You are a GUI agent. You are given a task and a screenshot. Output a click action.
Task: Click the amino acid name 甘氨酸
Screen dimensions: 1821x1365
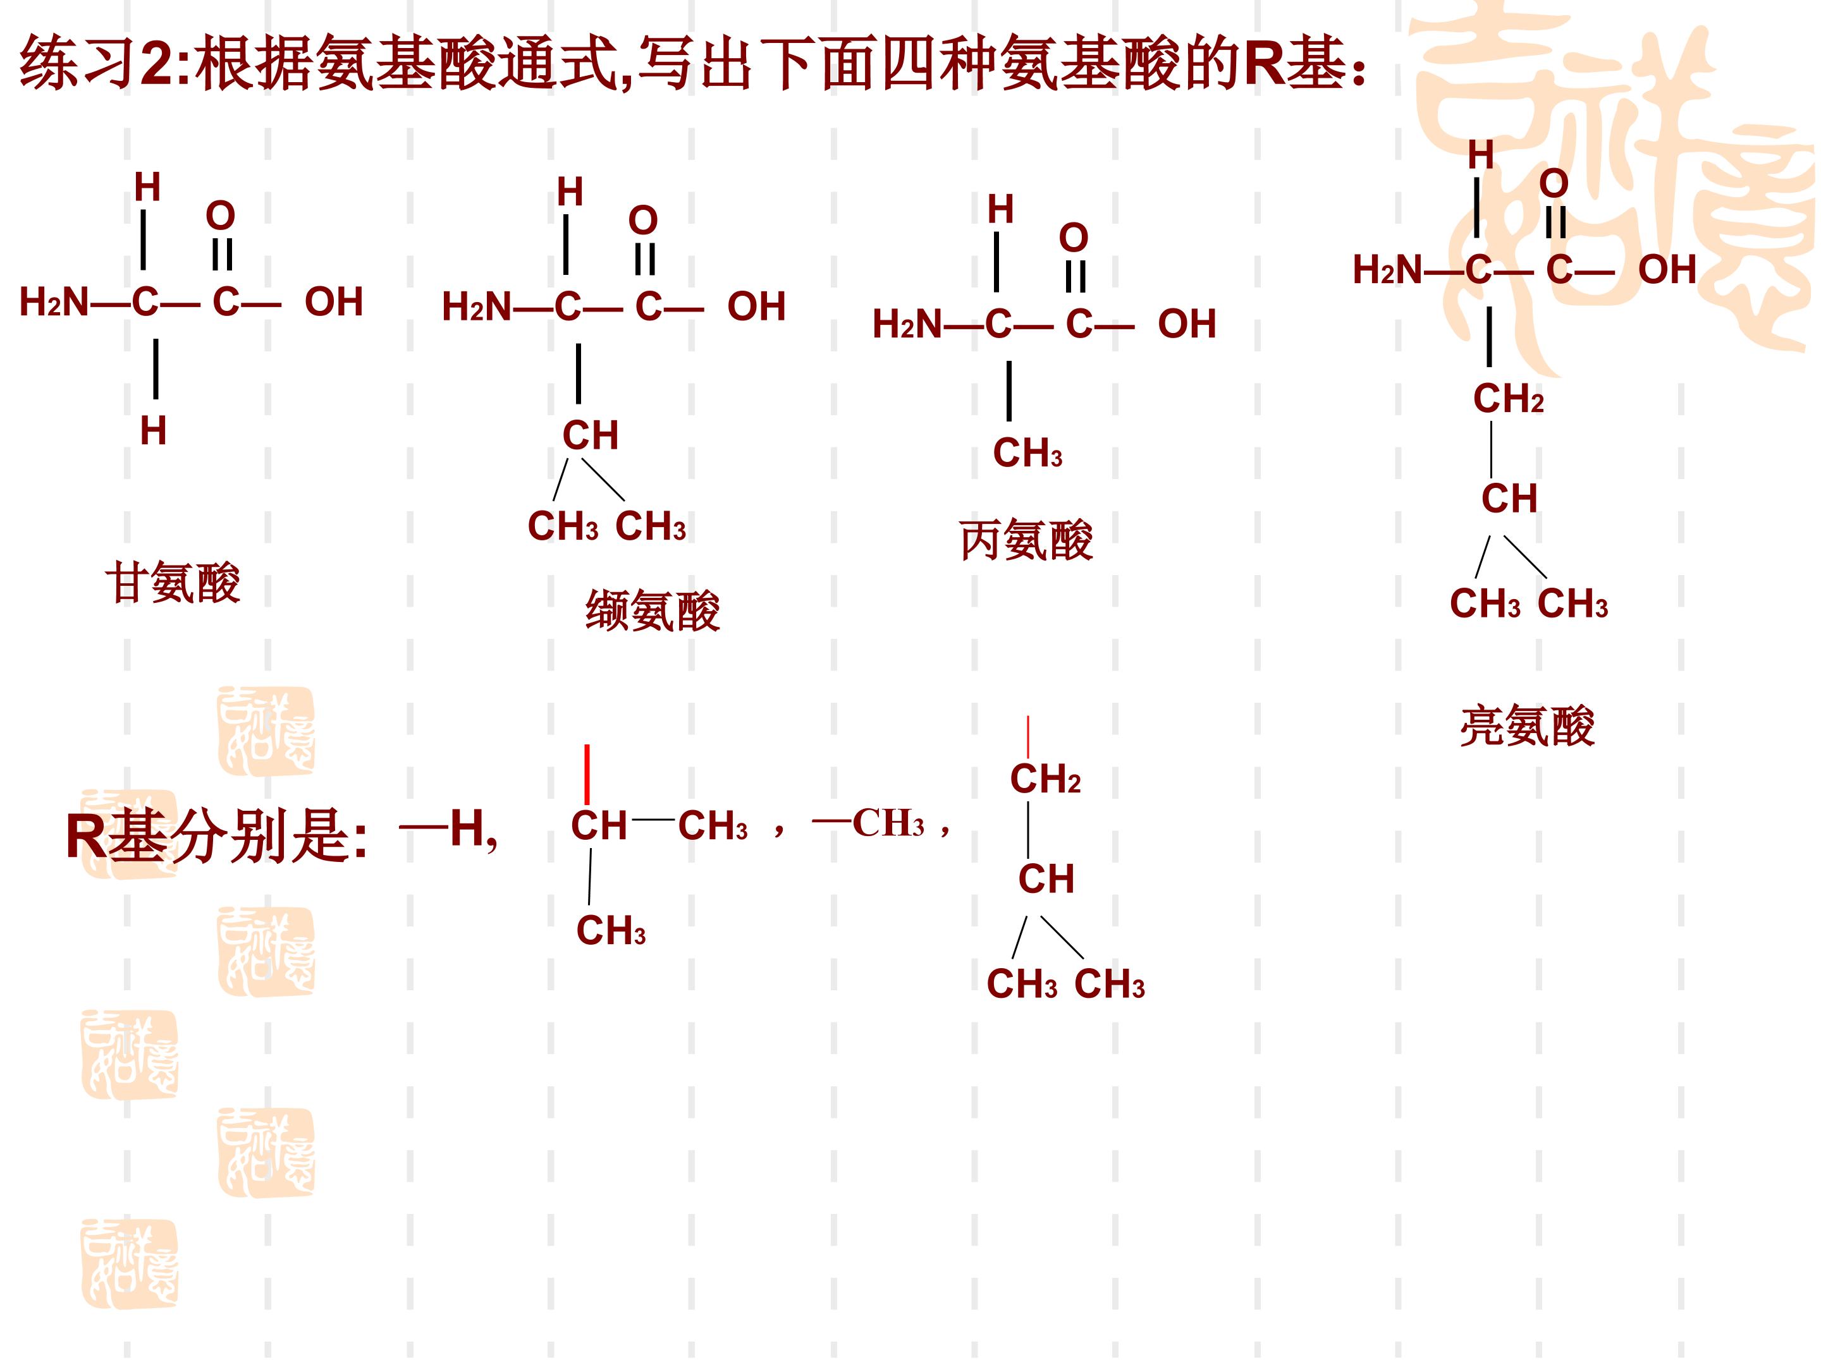point(173,583)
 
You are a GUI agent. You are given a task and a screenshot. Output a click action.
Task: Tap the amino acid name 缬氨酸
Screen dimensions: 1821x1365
point(653,610)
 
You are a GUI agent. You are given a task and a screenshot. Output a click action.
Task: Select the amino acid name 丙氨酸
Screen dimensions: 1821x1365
point(1027,540)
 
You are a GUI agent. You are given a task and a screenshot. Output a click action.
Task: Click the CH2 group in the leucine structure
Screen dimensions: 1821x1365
point(1508,398)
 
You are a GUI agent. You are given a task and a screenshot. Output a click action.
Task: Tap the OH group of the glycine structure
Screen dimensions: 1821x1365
point(333,302)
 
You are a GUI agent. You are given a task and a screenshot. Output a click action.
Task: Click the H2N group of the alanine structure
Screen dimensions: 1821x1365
point(906,324)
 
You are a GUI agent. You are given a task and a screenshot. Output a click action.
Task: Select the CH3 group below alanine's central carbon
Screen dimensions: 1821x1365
point(1027,452)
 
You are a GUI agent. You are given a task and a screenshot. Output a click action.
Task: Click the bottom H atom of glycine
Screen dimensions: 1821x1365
point(153,430)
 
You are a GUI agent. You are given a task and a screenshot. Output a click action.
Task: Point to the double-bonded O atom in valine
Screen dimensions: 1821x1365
point(643,220)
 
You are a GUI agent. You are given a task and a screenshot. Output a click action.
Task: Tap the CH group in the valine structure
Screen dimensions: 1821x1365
point(591,435)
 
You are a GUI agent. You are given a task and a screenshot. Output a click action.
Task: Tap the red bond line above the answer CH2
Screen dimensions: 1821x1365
point(1027,736)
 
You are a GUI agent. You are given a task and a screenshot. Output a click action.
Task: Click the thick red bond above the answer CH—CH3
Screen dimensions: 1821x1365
point(587,774)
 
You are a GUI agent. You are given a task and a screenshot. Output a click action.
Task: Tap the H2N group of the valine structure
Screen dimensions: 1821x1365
point(476,307)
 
